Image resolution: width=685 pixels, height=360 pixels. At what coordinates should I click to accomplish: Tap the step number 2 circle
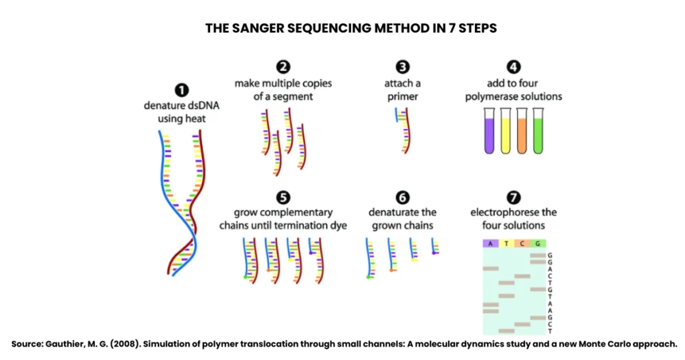click(283, 67)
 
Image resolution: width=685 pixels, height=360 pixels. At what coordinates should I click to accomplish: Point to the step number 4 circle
click(514, 67)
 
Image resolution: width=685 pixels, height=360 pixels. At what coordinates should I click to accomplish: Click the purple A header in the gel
click(490, 244)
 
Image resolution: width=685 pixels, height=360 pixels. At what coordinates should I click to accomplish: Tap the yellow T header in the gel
click(506, 244)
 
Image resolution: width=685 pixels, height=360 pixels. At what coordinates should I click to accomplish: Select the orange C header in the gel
click(522, 244)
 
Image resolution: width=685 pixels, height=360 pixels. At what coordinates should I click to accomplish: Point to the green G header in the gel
click(538, 244)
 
